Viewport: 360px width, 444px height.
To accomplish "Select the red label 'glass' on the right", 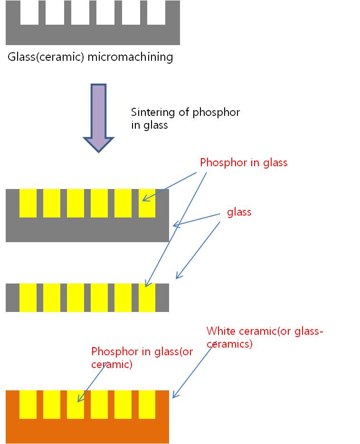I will coord(239,212).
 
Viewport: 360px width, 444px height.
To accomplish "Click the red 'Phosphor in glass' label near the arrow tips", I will coord(244,162).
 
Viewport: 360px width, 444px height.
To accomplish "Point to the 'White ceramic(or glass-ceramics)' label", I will coord(265,337).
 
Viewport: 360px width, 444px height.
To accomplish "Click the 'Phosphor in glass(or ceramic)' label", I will coord(142,358).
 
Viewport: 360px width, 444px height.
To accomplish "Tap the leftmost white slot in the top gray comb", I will coord(29,12).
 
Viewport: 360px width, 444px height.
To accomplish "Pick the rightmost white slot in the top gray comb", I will coord(156,12).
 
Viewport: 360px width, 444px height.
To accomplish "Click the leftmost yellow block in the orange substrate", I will coord(28,405).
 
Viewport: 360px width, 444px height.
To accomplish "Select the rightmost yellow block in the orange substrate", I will coord(147,405).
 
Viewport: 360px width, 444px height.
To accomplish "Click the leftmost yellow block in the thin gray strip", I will coord(28,298).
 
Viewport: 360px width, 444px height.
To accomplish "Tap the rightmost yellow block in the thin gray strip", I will coord(147,298).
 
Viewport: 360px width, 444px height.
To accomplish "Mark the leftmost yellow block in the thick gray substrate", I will coord(28,203).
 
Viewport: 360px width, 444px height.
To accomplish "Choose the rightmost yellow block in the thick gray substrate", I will coord(147,203).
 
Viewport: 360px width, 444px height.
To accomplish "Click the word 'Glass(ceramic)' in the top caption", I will coord(41,57).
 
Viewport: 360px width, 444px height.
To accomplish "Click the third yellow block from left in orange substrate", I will coord(76,405).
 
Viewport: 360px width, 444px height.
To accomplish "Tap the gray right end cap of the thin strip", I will coord(162,298).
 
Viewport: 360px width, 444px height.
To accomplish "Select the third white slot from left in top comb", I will coord(80,12).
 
